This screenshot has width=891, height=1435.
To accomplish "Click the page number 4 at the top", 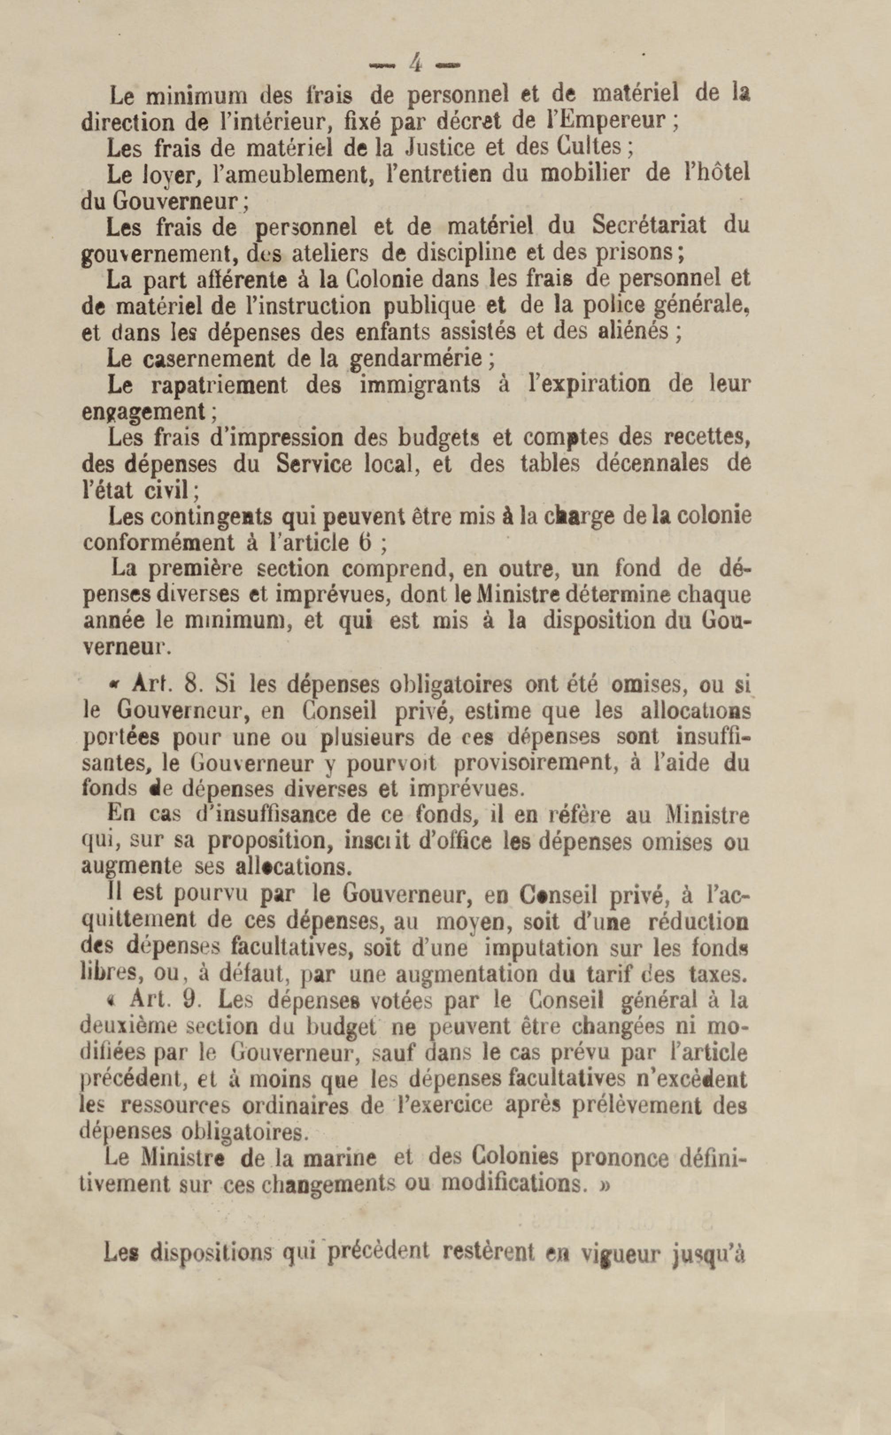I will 416,63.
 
